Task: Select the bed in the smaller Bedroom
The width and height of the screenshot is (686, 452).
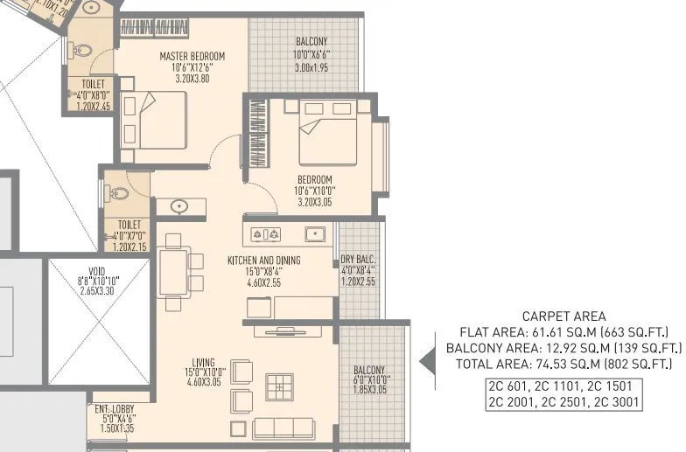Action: pos(328,136)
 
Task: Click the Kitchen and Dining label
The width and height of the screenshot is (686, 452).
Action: pos(263,261)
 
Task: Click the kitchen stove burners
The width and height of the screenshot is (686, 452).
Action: pos(265,234)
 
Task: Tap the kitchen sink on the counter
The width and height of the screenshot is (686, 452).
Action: pos(314,234)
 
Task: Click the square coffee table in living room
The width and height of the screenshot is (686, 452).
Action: pos(280,386)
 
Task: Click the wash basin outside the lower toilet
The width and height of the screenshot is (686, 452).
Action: pos(179,207)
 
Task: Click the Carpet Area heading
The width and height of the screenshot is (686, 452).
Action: pos(563,316)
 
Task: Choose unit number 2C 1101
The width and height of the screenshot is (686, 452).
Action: pos(563,386)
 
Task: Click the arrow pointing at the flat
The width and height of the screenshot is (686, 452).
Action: pos(429,359)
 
